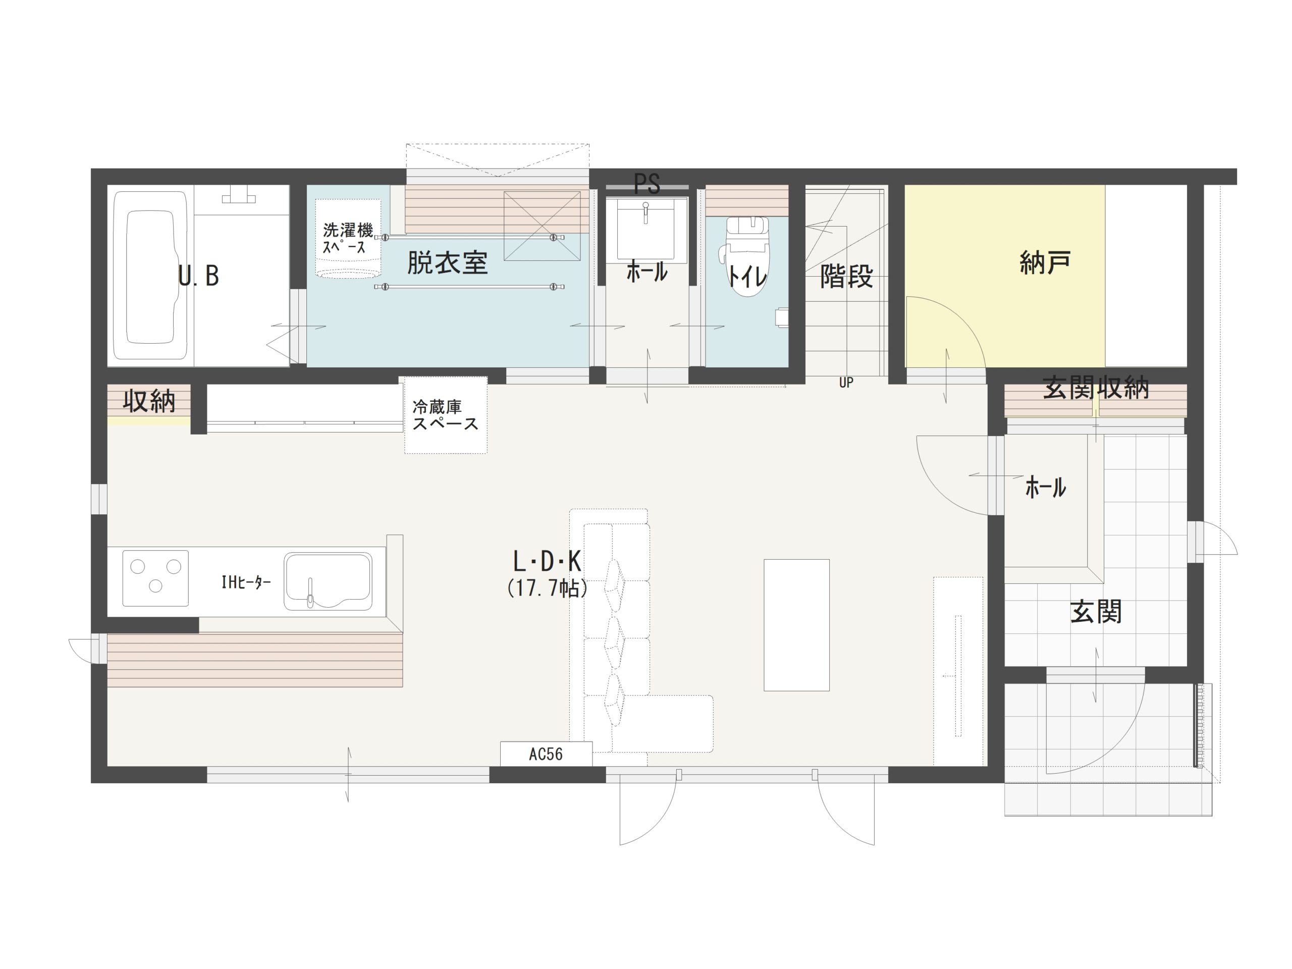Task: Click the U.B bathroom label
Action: click(x=198, y=276)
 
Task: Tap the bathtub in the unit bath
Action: click(x=151, y=275)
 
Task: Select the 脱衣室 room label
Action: click(x=448, y=263)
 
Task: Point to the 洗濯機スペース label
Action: click(x=348, y=238)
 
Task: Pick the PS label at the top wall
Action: click(x=647, y=183)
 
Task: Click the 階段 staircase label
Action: click(x=846, y=276)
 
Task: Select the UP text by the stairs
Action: click(x=846, y=383)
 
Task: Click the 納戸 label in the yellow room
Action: click(x=1045, y=262)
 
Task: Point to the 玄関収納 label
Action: click(x=1096, y=388)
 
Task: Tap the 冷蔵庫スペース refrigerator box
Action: click(x=446, y=415)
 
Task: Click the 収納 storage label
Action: click(x=149, y=401)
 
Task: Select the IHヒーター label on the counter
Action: click(x=246, y=582)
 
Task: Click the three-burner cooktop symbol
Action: click(x=155, y=578)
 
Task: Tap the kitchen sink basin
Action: click(x=328, y=582)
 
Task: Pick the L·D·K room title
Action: click(x=547, y=562)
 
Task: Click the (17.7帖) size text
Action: click(x=547, y=588)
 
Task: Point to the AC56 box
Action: click(x=546, y=754)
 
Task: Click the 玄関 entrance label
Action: click(x=1096, y=612)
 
